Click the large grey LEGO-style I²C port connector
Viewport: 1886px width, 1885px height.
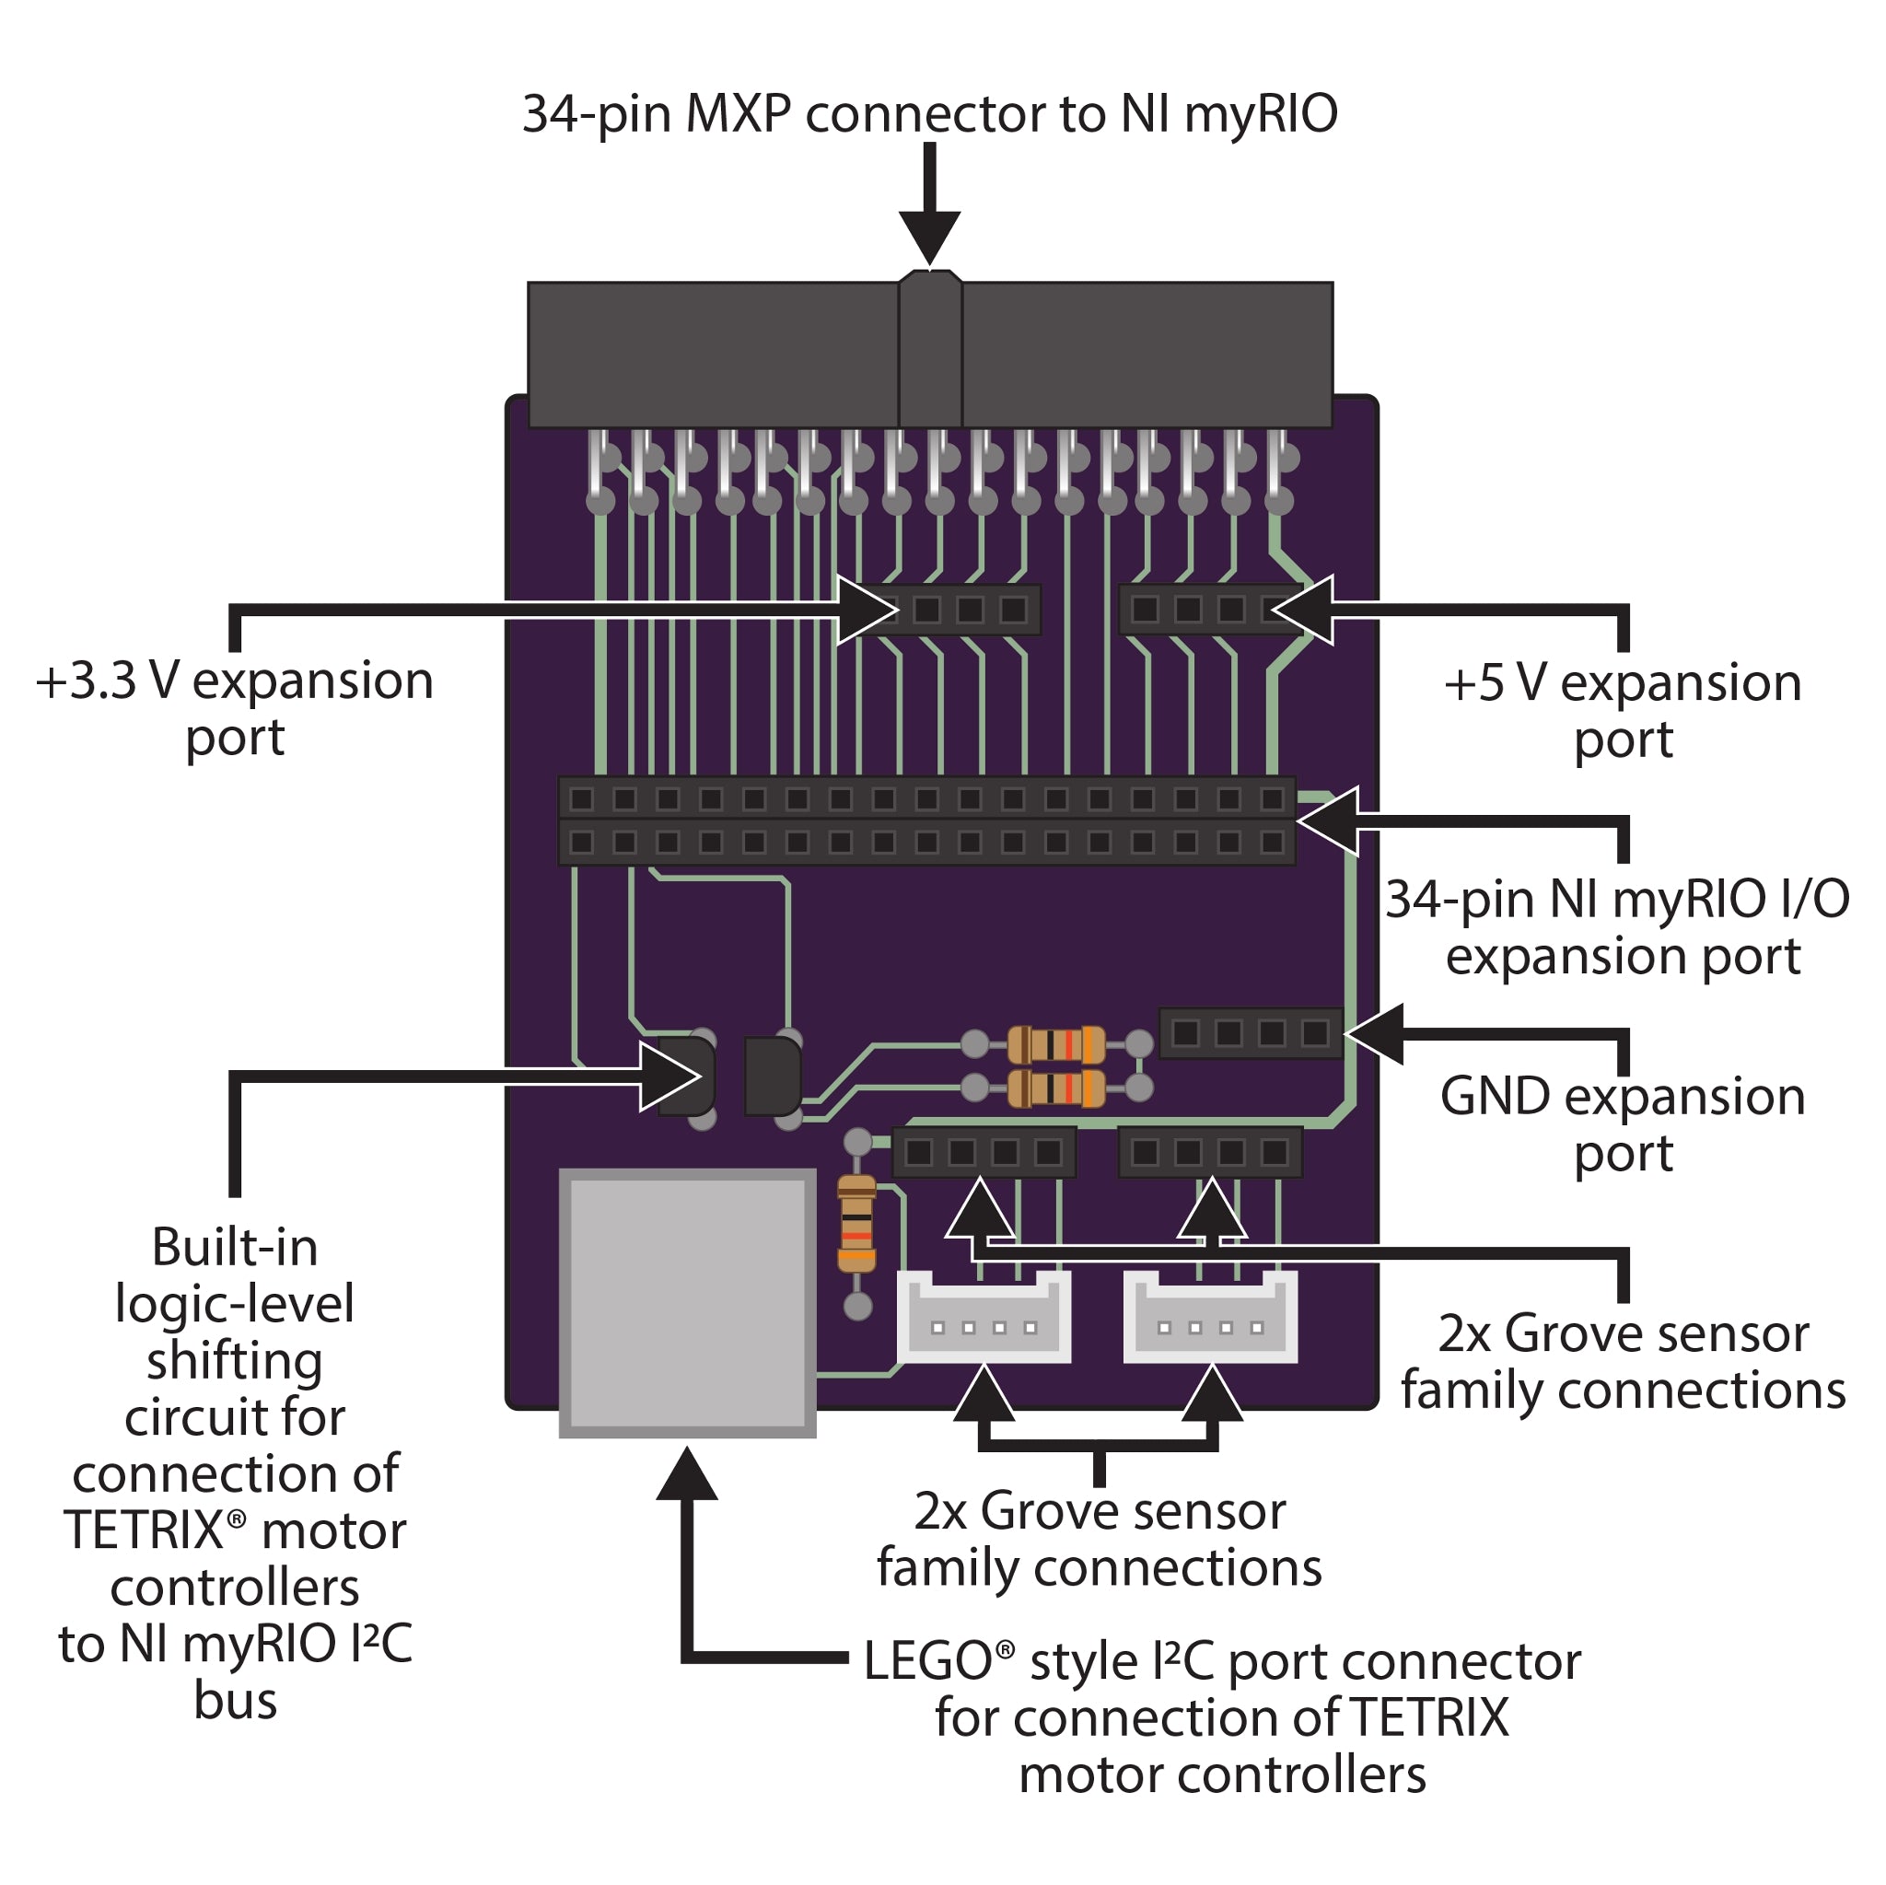click(x=687, y=1302)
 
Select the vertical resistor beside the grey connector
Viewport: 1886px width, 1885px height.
click(x=856, y=1224)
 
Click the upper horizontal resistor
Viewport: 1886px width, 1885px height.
click(x=1055, y=1044)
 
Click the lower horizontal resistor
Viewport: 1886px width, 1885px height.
click(x=1055, y=1088)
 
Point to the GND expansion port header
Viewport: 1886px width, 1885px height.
click(x=1250, y=1033)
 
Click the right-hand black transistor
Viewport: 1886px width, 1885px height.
click(x=772, y=1076)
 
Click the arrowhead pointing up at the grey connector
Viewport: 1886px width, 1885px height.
click(x=687, y=1475)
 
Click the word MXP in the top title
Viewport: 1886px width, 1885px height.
click(x=738, y=114)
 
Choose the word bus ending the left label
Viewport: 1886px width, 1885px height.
click(x=235, y=1700)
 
